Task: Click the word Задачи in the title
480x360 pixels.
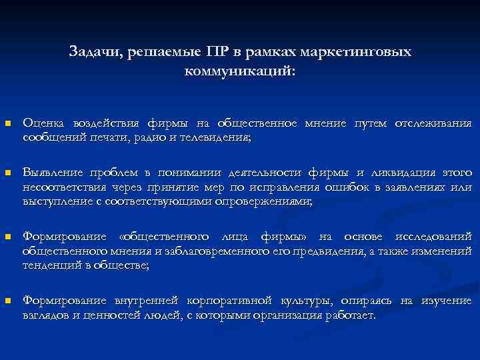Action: click(92, 52)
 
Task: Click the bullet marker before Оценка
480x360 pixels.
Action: click(7, 124)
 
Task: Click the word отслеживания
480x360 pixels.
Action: click(433, 123)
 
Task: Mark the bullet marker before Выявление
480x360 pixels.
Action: click(7, 173)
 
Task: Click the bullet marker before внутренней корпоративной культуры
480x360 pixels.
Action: click(7, 301)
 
